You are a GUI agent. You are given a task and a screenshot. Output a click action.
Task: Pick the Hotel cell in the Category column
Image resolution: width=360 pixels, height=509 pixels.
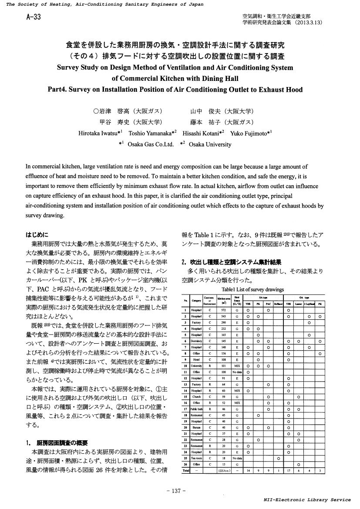coord(196,360)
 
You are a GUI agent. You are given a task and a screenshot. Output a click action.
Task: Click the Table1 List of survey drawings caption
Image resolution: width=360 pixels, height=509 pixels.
coord(252,289)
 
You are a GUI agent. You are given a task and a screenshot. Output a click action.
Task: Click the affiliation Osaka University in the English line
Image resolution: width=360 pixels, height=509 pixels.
coord(210,144)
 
